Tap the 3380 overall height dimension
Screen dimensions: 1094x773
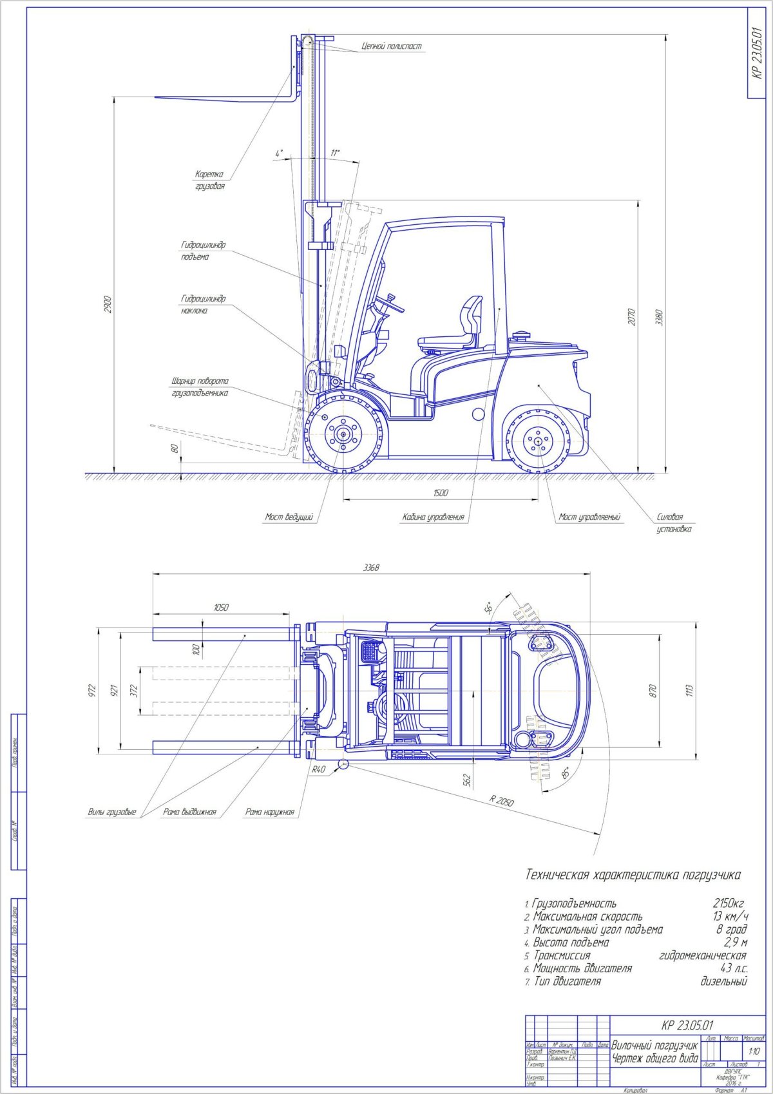click(x=658, y=317)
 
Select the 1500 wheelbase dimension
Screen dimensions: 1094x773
click(x=441, y=493)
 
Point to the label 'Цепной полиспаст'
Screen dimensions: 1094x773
click(x=392, y=46)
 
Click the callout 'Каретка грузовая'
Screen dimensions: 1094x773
click(x=210, y=180)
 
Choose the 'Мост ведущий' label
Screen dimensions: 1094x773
click(x=289, y=517)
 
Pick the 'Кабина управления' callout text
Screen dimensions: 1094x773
click(x=433, y=517)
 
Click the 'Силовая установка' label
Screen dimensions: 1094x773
click(x=673, y=523)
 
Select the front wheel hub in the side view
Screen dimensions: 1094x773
click(x=342, y=433)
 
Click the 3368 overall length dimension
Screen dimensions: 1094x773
click(x=371, y=568)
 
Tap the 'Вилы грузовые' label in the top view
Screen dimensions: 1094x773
click(x=112, y=812)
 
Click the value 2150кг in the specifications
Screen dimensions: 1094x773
click(x=729, y=903)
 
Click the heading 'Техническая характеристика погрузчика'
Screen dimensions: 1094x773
click(x=633, y=875)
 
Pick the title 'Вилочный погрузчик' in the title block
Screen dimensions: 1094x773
click(x=654, y=1045)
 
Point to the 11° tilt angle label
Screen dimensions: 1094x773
click(x=335, y=153)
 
